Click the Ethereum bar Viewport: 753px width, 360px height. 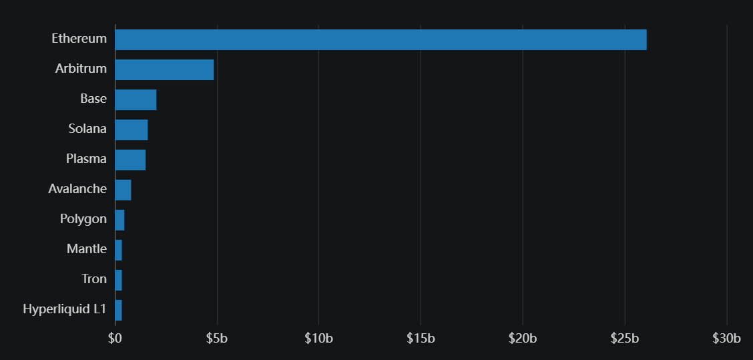point(381,39)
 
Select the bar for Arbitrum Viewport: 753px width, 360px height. point(164,69)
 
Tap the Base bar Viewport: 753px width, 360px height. point(136,100)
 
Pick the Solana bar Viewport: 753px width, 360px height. point(132,130)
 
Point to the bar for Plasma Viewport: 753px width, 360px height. point(130,160)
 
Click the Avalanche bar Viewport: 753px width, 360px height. point(123,190)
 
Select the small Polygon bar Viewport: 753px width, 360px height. point(119,220)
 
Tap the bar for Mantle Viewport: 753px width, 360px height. point(118,250)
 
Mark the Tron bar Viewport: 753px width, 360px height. point(118,280)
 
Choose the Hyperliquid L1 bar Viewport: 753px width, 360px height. point(118,310)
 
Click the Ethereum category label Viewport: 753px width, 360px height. point(79,39)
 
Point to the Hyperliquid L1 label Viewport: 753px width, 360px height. point(65,309)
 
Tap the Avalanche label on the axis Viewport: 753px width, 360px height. point(77,189)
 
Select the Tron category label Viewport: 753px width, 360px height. point(94,279)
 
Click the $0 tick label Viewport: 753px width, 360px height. point(115,339)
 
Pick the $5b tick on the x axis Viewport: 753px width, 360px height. point(217,339)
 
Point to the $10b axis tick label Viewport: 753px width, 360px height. point(318,339)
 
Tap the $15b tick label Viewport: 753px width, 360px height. point(421,339)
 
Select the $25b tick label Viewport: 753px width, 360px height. point(625,339)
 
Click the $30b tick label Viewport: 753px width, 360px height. point(726,339)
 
